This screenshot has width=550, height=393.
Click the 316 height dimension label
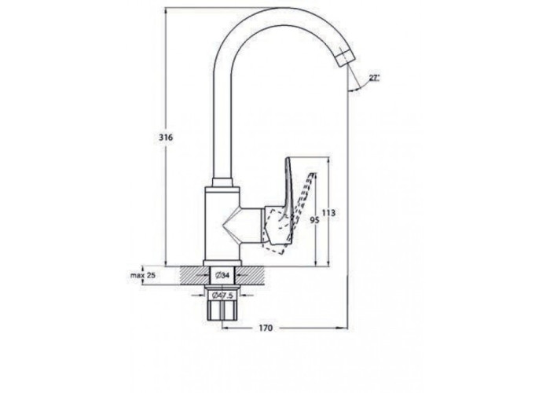[x=166, y=138]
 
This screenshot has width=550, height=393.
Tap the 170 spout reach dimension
[x=266, y=328]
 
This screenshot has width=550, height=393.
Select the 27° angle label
[x=374, y=78]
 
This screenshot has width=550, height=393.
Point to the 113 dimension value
[x=328, y=213]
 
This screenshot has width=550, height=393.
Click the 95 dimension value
[x=314, y=220]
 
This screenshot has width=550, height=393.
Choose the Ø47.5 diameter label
[x=222, y=296]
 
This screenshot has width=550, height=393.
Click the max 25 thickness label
[x=143, y=275]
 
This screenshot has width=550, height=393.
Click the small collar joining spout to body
[x=222, y=182]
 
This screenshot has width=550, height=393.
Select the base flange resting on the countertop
[x=222, y=263]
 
